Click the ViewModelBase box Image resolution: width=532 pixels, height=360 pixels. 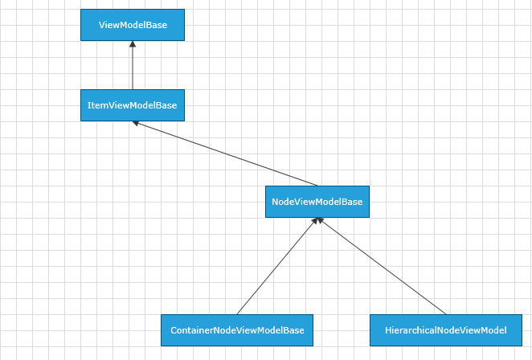pyautogui.click(x=133, y=25)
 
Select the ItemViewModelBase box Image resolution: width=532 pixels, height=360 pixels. pyautogui.click(x=133, y=105)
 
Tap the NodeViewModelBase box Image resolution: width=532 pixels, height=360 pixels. pyautogui.click(x=317, y=202)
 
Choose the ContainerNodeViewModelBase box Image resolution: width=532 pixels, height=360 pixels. pyautogui.click(x=237, y=330)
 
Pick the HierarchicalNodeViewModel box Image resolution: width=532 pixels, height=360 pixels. pyautogui.click(x=445, y=330)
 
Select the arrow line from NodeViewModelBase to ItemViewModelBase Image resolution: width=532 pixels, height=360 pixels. pyautogui.click(x=225, y=153)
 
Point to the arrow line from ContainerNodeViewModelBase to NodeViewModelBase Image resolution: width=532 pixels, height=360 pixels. pyautogui.click(x=277, y=266)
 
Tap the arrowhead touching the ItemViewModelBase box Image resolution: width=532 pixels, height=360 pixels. pyautogui.click(x=137, y=123)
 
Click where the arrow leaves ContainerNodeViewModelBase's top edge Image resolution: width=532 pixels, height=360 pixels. pyautogui.click(x=237, y=314)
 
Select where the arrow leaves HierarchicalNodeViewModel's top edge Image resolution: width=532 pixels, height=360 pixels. pyautogui.click(x=445, y=314)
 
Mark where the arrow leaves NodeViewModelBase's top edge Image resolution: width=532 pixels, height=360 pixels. pyautogui.click(x=317, y=186)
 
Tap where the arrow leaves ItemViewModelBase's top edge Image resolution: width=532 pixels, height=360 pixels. pyautogui.click(x=133, y=89)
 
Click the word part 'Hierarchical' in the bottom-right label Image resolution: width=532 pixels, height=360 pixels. pyautogui.click(x=409, y=330)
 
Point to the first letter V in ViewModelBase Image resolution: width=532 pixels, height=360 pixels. pyautogui.click(x=102, y=25)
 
